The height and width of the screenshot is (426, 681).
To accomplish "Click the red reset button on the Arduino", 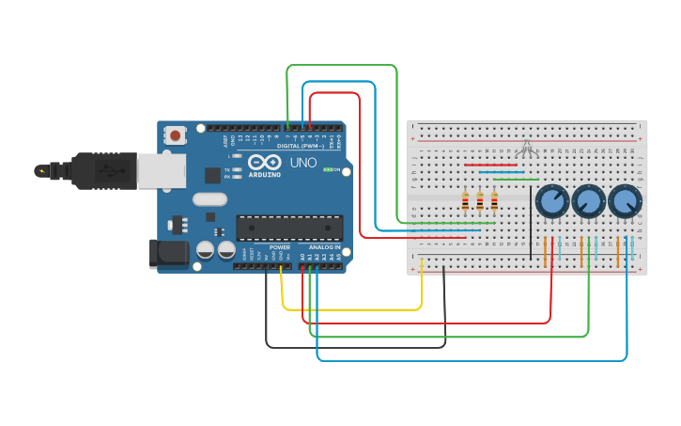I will (176, 135).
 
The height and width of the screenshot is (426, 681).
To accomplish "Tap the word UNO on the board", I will (303, 162).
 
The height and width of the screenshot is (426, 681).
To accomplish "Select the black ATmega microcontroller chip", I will (288, 228).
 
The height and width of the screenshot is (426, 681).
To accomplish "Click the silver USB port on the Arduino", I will (161, 170).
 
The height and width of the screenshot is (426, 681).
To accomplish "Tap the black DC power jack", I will (167, 254).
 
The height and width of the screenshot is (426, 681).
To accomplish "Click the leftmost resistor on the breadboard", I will (465, 202).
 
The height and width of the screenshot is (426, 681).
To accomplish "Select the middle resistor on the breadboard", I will (480, 202).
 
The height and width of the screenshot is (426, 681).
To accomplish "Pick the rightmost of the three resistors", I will (494, 202).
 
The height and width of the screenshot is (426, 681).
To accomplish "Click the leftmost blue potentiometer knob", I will (551, 201).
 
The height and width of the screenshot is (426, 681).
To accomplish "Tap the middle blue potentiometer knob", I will (587, 201).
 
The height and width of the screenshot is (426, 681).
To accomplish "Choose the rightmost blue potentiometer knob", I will (624, 201).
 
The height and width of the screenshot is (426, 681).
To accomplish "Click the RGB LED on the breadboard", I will (528, 148).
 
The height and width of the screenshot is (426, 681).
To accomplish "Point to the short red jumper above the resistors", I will (490, 165).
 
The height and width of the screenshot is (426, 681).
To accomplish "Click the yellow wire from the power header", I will (352, 309).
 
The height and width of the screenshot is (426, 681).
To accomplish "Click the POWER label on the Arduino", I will (280, 247).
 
